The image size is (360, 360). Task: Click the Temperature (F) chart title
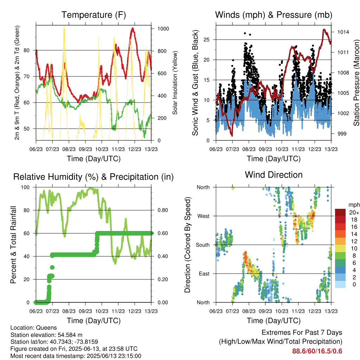click(94, 15)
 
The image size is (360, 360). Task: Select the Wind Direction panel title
click(274, 175)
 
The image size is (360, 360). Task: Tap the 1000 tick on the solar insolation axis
click(163, 29)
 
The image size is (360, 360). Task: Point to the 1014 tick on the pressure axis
click(343, 32)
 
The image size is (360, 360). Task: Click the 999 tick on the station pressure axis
click(342, 134)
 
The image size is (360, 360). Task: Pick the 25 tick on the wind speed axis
click(206, 39)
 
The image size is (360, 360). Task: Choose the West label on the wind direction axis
click(204, 216)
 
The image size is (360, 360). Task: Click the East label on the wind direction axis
click(204, 274)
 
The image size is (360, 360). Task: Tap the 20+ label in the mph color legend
click(354, 212)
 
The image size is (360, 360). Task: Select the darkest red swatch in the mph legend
click(340, 212)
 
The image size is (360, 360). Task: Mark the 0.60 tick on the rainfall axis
click(163, 233)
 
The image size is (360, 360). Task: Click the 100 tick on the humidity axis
click(25, 187)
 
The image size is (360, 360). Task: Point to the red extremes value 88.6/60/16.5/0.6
click(317, 351)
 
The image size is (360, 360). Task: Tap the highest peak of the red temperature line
click(133, 28)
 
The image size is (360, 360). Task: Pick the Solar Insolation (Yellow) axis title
click(175, 83)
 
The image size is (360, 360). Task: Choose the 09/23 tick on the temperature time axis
click(85, 149)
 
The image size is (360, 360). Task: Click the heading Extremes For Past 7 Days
click(302, 333)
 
